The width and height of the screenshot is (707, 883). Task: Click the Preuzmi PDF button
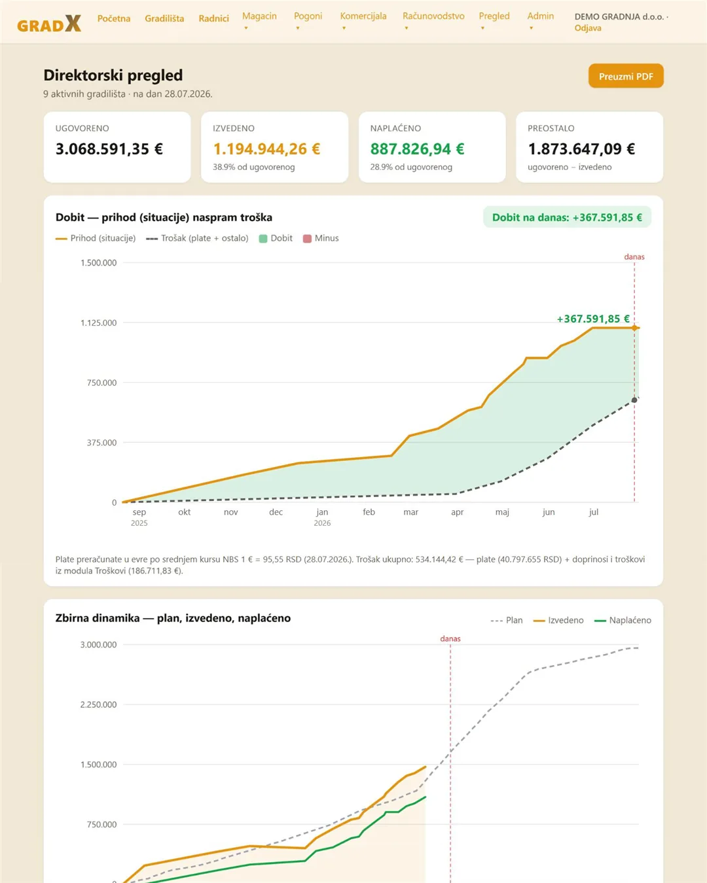(626, 76)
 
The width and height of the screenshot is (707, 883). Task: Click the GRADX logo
(49, 24)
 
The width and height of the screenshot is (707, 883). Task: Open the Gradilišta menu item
(164, 18)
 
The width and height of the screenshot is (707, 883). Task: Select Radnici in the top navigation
(213, 18)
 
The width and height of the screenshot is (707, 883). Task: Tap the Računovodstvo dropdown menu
(433, 20)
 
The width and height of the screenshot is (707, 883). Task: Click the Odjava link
(587, 28)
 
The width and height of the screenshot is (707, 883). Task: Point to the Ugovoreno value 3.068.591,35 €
(109, 149)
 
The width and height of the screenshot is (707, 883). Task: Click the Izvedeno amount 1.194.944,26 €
(266, 149)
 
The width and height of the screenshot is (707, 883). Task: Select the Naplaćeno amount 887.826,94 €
(418, 149)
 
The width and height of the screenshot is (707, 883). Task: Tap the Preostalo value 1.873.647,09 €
(581, 149)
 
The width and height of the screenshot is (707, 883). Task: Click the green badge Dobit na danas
(567, 217)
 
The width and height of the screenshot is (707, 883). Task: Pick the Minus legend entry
(321, 238)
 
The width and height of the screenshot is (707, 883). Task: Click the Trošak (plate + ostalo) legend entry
(197, 238)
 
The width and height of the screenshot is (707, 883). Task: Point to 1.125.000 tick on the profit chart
(99, 323)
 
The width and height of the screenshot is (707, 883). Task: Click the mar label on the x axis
(411, 512)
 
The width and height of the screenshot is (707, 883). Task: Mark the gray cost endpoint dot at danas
(634, 400)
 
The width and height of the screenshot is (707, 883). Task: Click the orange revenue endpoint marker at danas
(634, 328)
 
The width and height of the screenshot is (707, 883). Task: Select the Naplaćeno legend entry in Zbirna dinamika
(623, 621)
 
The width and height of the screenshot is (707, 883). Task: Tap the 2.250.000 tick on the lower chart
(99, 705)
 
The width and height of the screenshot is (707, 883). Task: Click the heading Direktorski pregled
(113, 75)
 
